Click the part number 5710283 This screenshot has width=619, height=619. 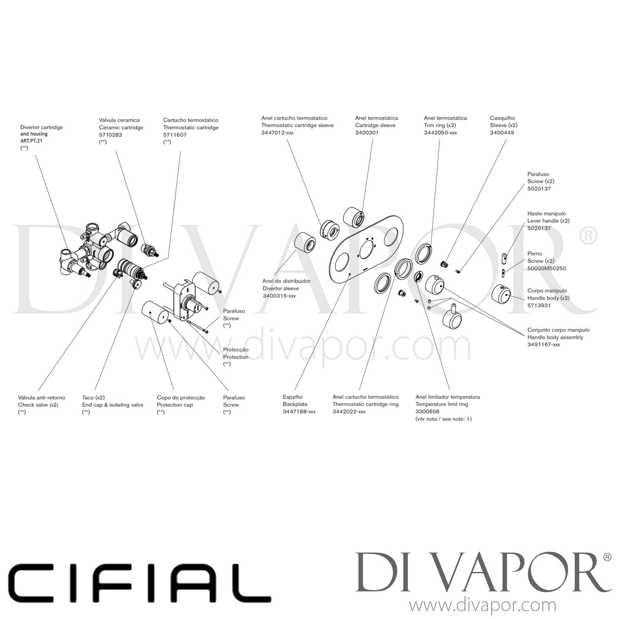click(x=110, y=135)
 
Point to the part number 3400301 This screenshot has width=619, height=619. click(x=366, y=133)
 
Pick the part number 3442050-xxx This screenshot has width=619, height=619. click(x=440, y=133)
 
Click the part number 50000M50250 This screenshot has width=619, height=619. click(x=546, y=268)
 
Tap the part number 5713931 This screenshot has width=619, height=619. click(x=539, y=305)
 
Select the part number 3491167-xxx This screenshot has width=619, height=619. click(x=543, y=345)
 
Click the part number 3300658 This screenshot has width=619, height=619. click(x=427, y=411)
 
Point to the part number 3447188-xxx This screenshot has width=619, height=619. click(x=299, y=411)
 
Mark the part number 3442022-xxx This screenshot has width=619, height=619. click(x=349, y=411)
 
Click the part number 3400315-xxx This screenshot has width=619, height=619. click(x=279, y=296)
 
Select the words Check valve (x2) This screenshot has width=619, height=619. click(x=38, y=405)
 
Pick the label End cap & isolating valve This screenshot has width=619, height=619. click(x=113, y=405)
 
